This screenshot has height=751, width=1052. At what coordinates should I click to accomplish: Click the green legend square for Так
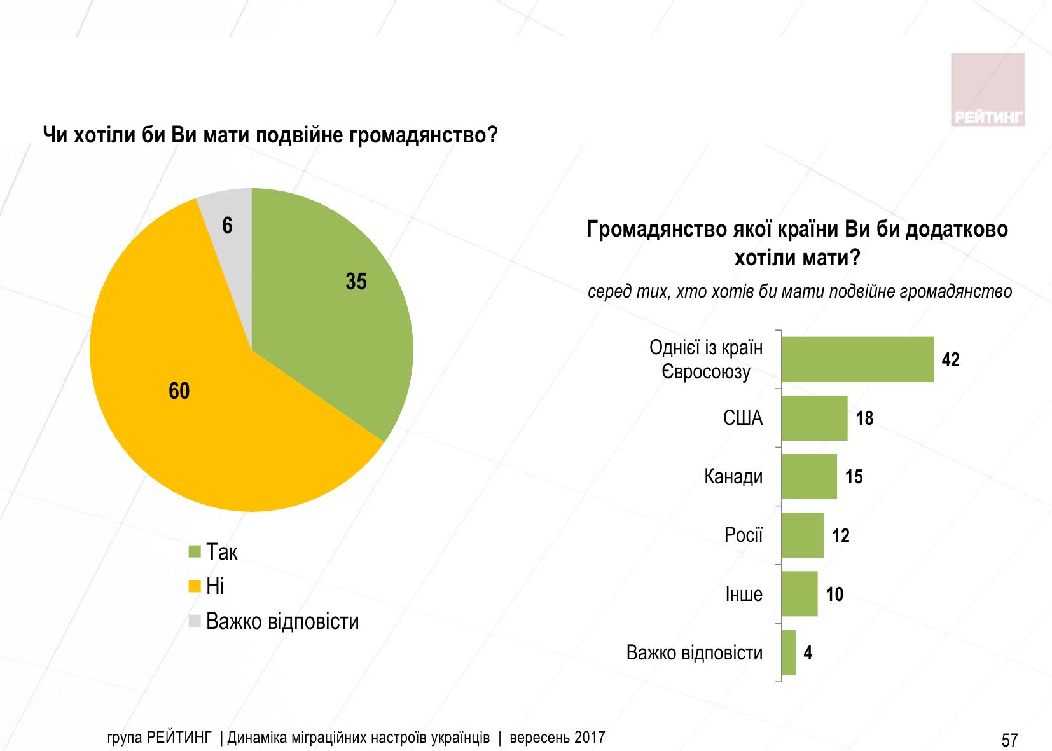[x=195, y=552]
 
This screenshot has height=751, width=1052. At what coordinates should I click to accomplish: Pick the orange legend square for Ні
[x=195, y=586]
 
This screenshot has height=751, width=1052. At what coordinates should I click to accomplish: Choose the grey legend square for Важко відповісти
[x=195, y=621]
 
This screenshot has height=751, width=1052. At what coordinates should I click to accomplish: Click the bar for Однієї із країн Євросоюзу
[x=857, y=359]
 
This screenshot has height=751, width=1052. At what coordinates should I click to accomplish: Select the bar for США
[x=814, y=418]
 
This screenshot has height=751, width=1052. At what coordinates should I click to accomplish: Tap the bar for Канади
[x=809, y=476]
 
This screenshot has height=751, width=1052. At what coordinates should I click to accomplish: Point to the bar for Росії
[x=802, y=535]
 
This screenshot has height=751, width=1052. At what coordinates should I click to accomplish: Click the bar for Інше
[x=799, y=594]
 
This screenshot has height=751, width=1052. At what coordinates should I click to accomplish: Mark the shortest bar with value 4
[x=789, y=652]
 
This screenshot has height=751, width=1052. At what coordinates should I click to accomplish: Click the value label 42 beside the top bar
[x=950, y=360]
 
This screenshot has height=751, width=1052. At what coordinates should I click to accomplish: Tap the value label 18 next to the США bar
[x=864, y=418]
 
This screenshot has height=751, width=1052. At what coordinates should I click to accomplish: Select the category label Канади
[x=733, y=476]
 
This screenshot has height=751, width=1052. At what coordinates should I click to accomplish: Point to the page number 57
[x=1009, y=740]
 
